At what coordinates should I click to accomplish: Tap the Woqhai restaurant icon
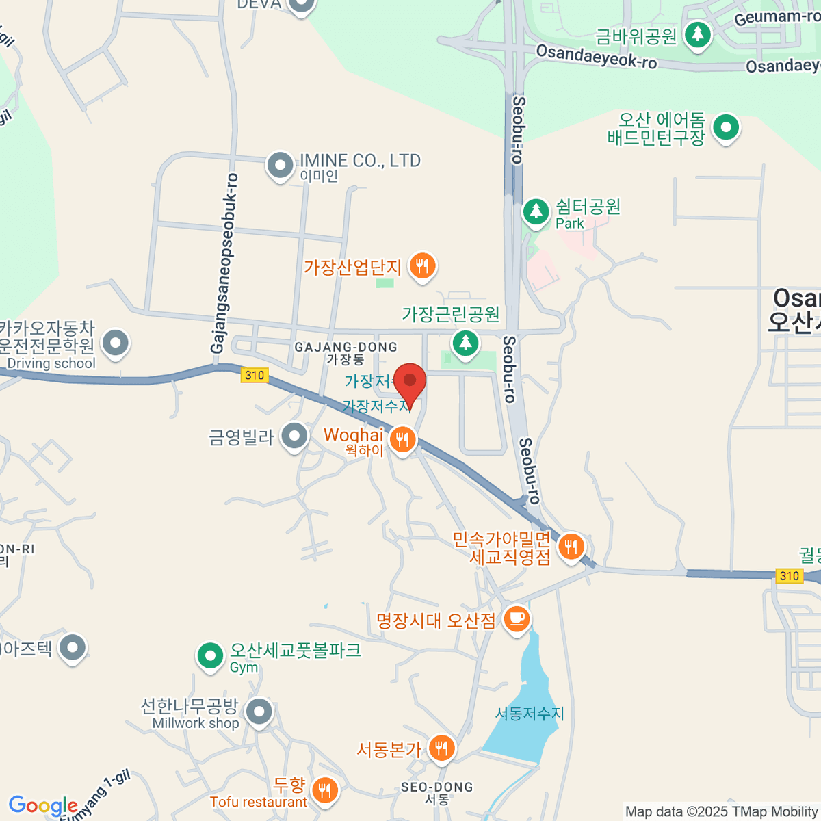click(x=402, y=440)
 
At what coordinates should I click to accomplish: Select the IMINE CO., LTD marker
click(x=280, y=166)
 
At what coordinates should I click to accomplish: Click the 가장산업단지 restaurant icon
click(x=422, y=265)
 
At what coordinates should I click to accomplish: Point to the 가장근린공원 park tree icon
click(x=465, y=342)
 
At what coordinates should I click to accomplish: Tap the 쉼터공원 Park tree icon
click(x=536, y=211)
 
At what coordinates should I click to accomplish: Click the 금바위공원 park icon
click(x=698, y=34)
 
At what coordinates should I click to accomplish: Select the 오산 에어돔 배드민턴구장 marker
click(x=725, y=127)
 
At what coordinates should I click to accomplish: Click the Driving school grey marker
click(x=115, y=343)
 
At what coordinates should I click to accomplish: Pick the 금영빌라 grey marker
click(x=295, y=436)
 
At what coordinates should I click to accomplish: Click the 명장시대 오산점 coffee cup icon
click(x=517, y=620)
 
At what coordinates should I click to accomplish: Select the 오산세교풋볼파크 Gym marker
click(x=210, y=656)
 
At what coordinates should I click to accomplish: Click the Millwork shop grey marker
click(x=259, y=712)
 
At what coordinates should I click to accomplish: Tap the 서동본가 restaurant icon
click(x=441, y=748)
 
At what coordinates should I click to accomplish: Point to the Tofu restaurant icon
click(x=324, y=790)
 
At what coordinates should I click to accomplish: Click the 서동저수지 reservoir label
click(x=530, y=714)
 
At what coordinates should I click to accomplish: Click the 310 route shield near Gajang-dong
click(x=255, y=375)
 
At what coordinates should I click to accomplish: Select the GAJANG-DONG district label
click(x=346, y=348)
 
